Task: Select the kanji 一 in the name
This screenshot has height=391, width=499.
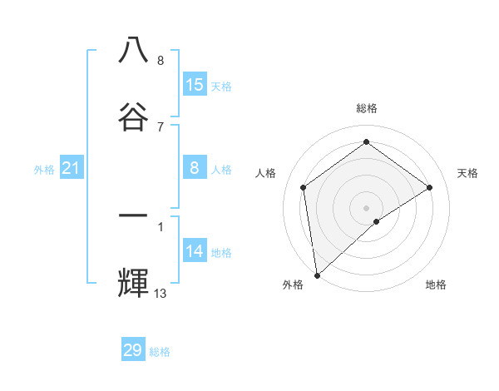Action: click(133, 216)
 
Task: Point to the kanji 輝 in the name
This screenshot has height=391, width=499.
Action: click(133, 284)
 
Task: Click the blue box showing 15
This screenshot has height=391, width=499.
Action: click(195, 85)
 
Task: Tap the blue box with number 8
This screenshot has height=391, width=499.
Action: click(195, 168)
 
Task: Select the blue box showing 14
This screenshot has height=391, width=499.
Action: click(195, 251)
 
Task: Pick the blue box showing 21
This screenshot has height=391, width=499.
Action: click(72, 169)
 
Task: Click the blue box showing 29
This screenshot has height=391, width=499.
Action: click(133, 350)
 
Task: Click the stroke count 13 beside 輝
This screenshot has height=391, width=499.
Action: click(161, 294)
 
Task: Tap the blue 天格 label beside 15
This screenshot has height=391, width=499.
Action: click(221, 86)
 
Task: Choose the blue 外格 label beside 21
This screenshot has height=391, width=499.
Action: click(44, 170)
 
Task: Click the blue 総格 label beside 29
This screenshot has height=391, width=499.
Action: click(160, 352)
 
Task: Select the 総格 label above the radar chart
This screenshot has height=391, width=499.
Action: click(366, 108)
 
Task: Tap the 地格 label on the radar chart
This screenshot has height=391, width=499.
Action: click(436, 285)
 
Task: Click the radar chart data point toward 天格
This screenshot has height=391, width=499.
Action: click(430, 187)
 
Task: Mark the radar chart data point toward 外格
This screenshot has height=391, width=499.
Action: click(317, 275)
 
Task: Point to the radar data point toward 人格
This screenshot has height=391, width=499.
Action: click(304, 187)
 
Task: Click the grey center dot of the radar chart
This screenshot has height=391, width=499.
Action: click(366, 207)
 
